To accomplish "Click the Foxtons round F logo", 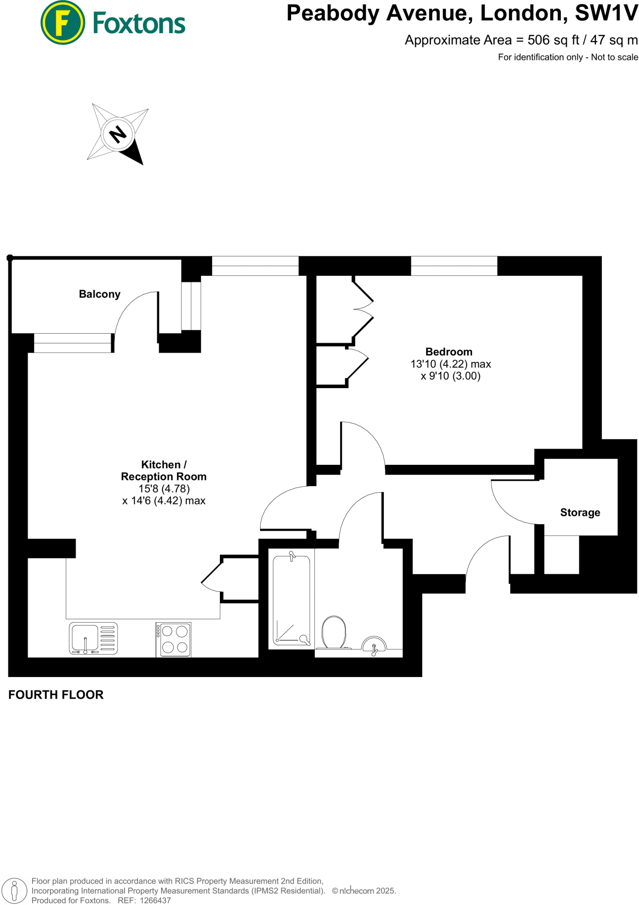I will coord(62,23).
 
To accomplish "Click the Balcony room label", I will coord(99,294).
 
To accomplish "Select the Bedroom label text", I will coord(449,352).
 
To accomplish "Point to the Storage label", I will coord(580,513).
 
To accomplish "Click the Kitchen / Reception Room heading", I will coord(163,471).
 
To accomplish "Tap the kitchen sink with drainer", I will coord(93,638).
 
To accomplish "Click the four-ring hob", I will coord(174,639).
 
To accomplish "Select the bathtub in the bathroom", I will coord(291,600).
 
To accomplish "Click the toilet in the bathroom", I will coord(334,632).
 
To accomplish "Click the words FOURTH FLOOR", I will coord(56,695).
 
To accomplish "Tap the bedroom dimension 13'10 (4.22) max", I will coord(450,364).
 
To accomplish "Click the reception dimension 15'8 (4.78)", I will coord(164,489).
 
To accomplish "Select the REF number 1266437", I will coord(155,900).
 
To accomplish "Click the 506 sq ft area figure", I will coord(553,40).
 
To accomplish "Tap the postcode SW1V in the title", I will coord(606,13).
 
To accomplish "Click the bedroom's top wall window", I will coord(454,266).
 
